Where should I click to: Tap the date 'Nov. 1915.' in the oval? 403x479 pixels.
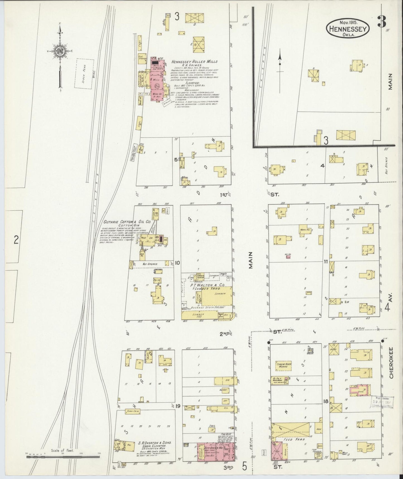pyautogui.click(x=349, y=22)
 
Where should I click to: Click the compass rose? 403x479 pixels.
pyautogui.click(x=60, y=51)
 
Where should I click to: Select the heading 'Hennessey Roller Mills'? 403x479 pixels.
pyautogui.click(x=195, y=61)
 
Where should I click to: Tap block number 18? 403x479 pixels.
pyautogui.click(x=325, y=402)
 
